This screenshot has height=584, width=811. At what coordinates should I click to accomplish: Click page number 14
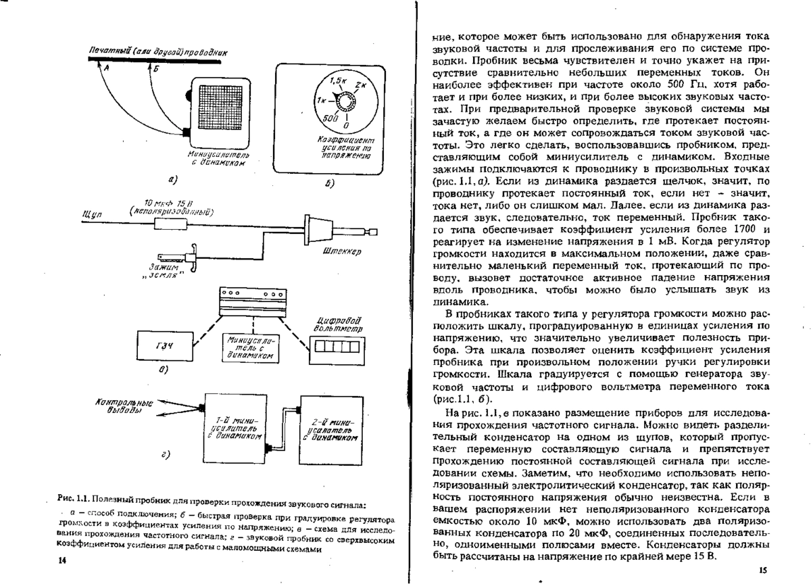point(63,560)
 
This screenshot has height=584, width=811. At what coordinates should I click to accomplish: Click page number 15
point(762,570)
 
